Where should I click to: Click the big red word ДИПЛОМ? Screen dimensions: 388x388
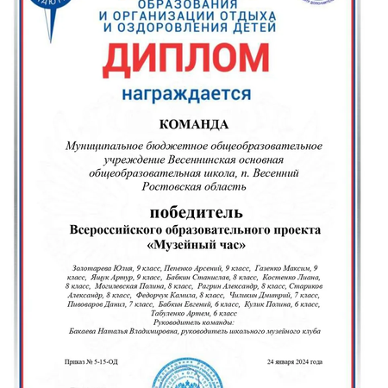[x=193, y=59]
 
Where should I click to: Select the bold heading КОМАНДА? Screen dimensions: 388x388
[x=194, y=124]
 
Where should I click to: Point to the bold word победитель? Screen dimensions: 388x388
[x=194, y=213]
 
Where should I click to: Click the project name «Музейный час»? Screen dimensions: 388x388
[x=194, y=245]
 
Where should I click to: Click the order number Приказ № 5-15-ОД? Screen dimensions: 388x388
[x=91, y=361]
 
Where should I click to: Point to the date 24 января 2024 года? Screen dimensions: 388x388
[x=293, y=361]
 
